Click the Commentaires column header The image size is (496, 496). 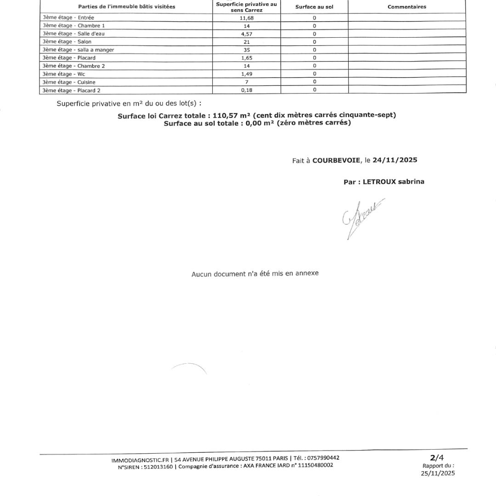coord(407,7)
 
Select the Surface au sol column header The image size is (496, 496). coord(314,7)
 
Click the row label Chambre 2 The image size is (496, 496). coord(73,66)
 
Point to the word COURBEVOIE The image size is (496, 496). coord(337,160)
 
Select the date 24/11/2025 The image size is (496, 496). coord(395,160)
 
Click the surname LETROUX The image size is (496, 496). coord(379,181)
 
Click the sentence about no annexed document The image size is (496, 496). coord(255,274)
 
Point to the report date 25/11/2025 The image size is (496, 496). coord(438,473)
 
